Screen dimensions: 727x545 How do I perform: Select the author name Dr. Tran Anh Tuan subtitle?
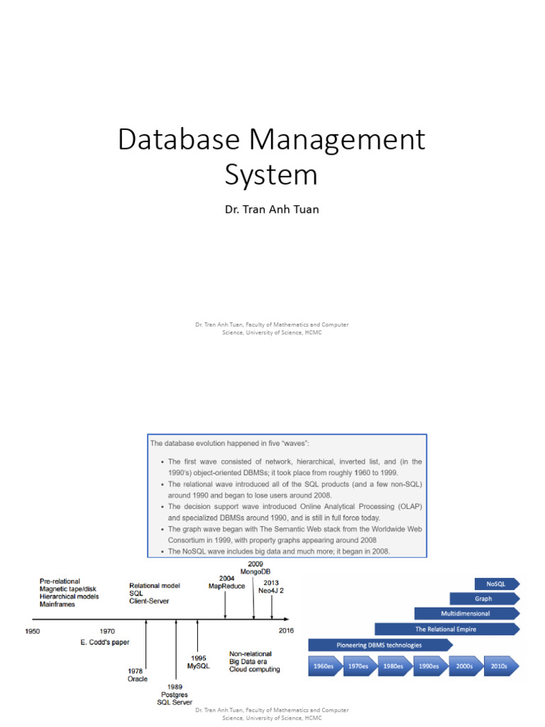tap(272, 210)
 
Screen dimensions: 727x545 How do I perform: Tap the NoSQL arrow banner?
tap(495, 584)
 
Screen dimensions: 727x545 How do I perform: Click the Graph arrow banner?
tap(483, 598)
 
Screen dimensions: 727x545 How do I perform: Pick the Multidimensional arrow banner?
tap(466, 613)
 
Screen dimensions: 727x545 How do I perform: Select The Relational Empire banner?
tap(446, 629)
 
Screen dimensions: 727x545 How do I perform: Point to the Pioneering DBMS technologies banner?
tap(379, 645)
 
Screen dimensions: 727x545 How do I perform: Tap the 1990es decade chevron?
tap(429, 666)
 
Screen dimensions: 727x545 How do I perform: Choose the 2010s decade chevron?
tap(498, 666)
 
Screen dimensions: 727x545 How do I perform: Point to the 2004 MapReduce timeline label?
tap(226, 582)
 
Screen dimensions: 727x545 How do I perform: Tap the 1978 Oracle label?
tap(138, 674)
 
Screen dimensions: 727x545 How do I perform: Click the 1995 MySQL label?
tap(198, 662)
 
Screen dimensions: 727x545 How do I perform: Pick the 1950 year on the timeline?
tap(33, 630)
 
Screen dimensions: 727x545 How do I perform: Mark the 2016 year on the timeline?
tap(285, 630)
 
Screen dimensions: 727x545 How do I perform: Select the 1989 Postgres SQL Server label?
tap(175, 694)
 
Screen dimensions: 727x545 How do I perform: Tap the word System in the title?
tap(271, 174)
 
